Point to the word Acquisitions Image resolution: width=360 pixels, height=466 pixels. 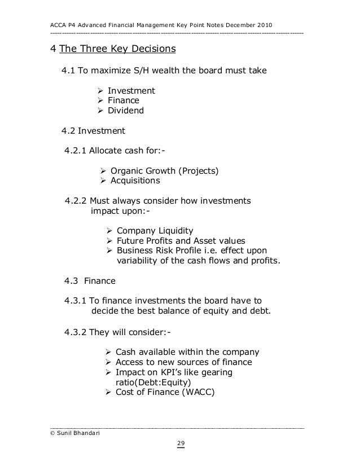click(x=135, y=181)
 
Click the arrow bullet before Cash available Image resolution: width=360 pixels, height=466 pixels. click(x=109, y=352)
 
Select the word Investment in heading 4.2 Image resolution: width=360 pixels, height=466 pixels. click(x=101, y=131)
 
